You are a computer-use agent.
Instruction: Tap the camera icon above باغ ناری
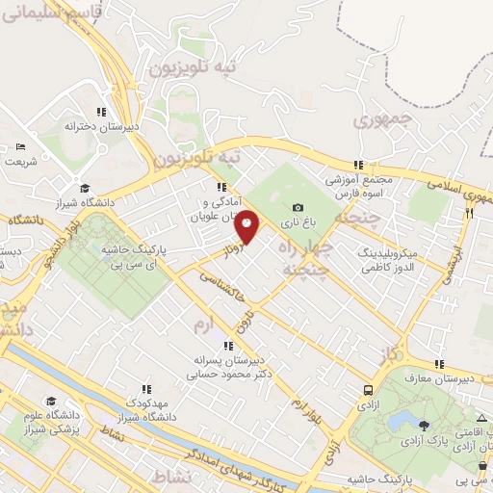[x=298, y=207]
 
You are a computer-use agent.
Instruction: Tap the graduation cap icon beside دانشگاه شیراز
[x=85, y=189]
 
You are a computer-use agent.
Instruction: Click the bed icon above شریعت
[x=21, y=146]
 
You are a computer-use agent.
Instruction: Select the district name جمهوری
[x=381, y=120]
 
